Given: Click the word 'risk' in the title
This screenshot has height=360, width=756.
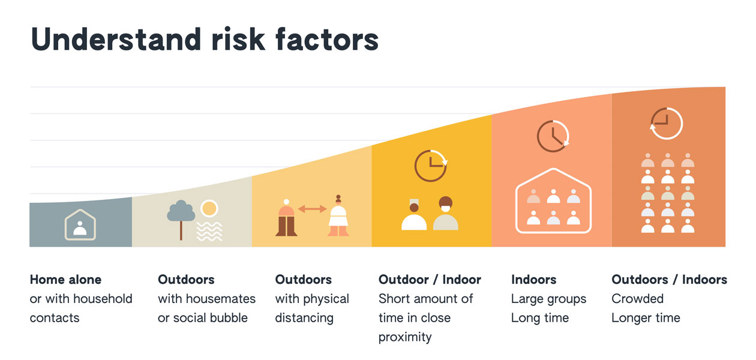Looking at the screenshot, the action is click(x=238, y=39).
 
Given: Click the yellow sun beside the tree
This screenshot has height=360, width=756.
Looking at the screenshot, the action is click(x=209, y=208).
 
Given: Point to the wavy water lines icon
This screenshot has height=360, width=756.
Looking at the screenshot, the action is click(x=209, y=231).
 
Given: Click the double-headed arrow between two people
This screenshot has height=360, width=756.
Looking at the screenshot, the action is click(x=312, y=209).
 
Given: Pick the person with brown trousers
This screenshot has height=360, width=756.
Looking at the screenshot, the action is click(x=286, y=218).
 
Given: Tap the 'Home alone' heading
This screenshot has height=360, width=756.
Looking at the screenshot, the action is click(x=65, y=280).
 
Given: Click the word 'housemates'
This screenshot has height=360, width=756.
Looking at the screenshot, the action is click(x=220, y=299).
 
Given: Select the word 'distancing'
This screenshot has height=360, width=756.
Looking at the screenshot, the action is click(x=304, y=318).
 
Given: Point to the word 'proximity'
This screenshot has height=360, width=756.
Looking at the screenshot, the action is click(x=405, y=337).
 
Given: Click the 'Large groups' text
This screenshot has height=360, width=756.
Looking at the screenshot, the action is click(x=549, y=299).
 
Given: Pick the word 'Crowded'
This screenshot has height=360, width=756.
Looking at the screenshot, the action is click(x=638, y=299).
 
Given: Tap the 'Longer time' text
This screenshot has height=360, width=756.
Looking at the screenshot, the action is click(x=646, y=318).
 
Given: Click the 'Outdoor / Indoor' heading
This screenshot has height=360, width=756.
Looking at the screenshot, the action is click(x=430, y=280).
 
